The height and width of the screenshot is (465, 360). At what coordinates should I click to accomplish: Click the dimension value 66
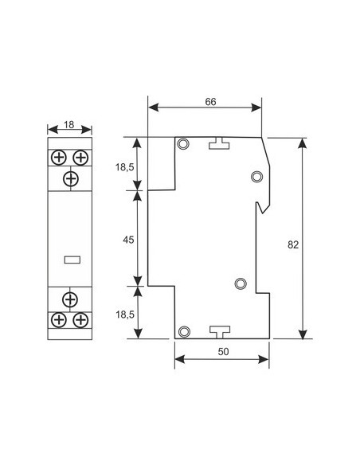tap(211, 102)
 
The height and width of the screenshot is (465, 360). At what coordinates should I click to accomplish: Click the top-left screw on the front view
tap(60, 157)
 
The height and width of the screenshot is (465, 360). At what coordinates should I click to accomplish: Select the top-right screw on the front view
tap(80, 157)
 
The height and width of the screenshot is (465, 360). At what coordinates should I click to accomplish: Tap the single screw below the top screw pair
tap(70, 178)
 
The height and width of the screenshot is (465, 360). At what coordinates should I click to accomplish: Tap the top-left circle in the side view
tap(184, 144)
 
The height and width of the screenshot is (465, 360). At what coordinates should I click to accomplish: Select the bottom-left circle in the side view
tap(184, 331)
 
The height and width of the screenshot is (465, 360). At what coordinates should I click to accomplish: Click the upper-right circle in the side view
tap(256, 176)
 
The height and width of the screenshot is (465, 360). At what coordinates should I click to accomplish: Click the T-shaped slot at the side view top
tap(219, 143)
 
